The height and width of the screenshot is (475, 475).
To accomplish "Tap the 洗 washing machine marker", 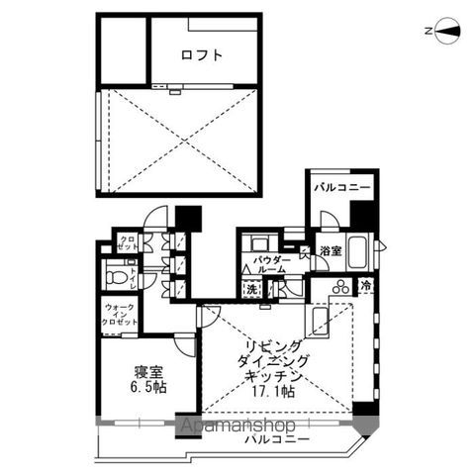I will pos(251,289).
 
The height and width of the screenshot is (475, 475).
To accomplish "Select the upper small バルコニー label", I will pos(342,187).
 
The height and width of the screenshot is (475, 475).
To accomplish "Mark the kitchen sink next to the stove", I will pos(321,319).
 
